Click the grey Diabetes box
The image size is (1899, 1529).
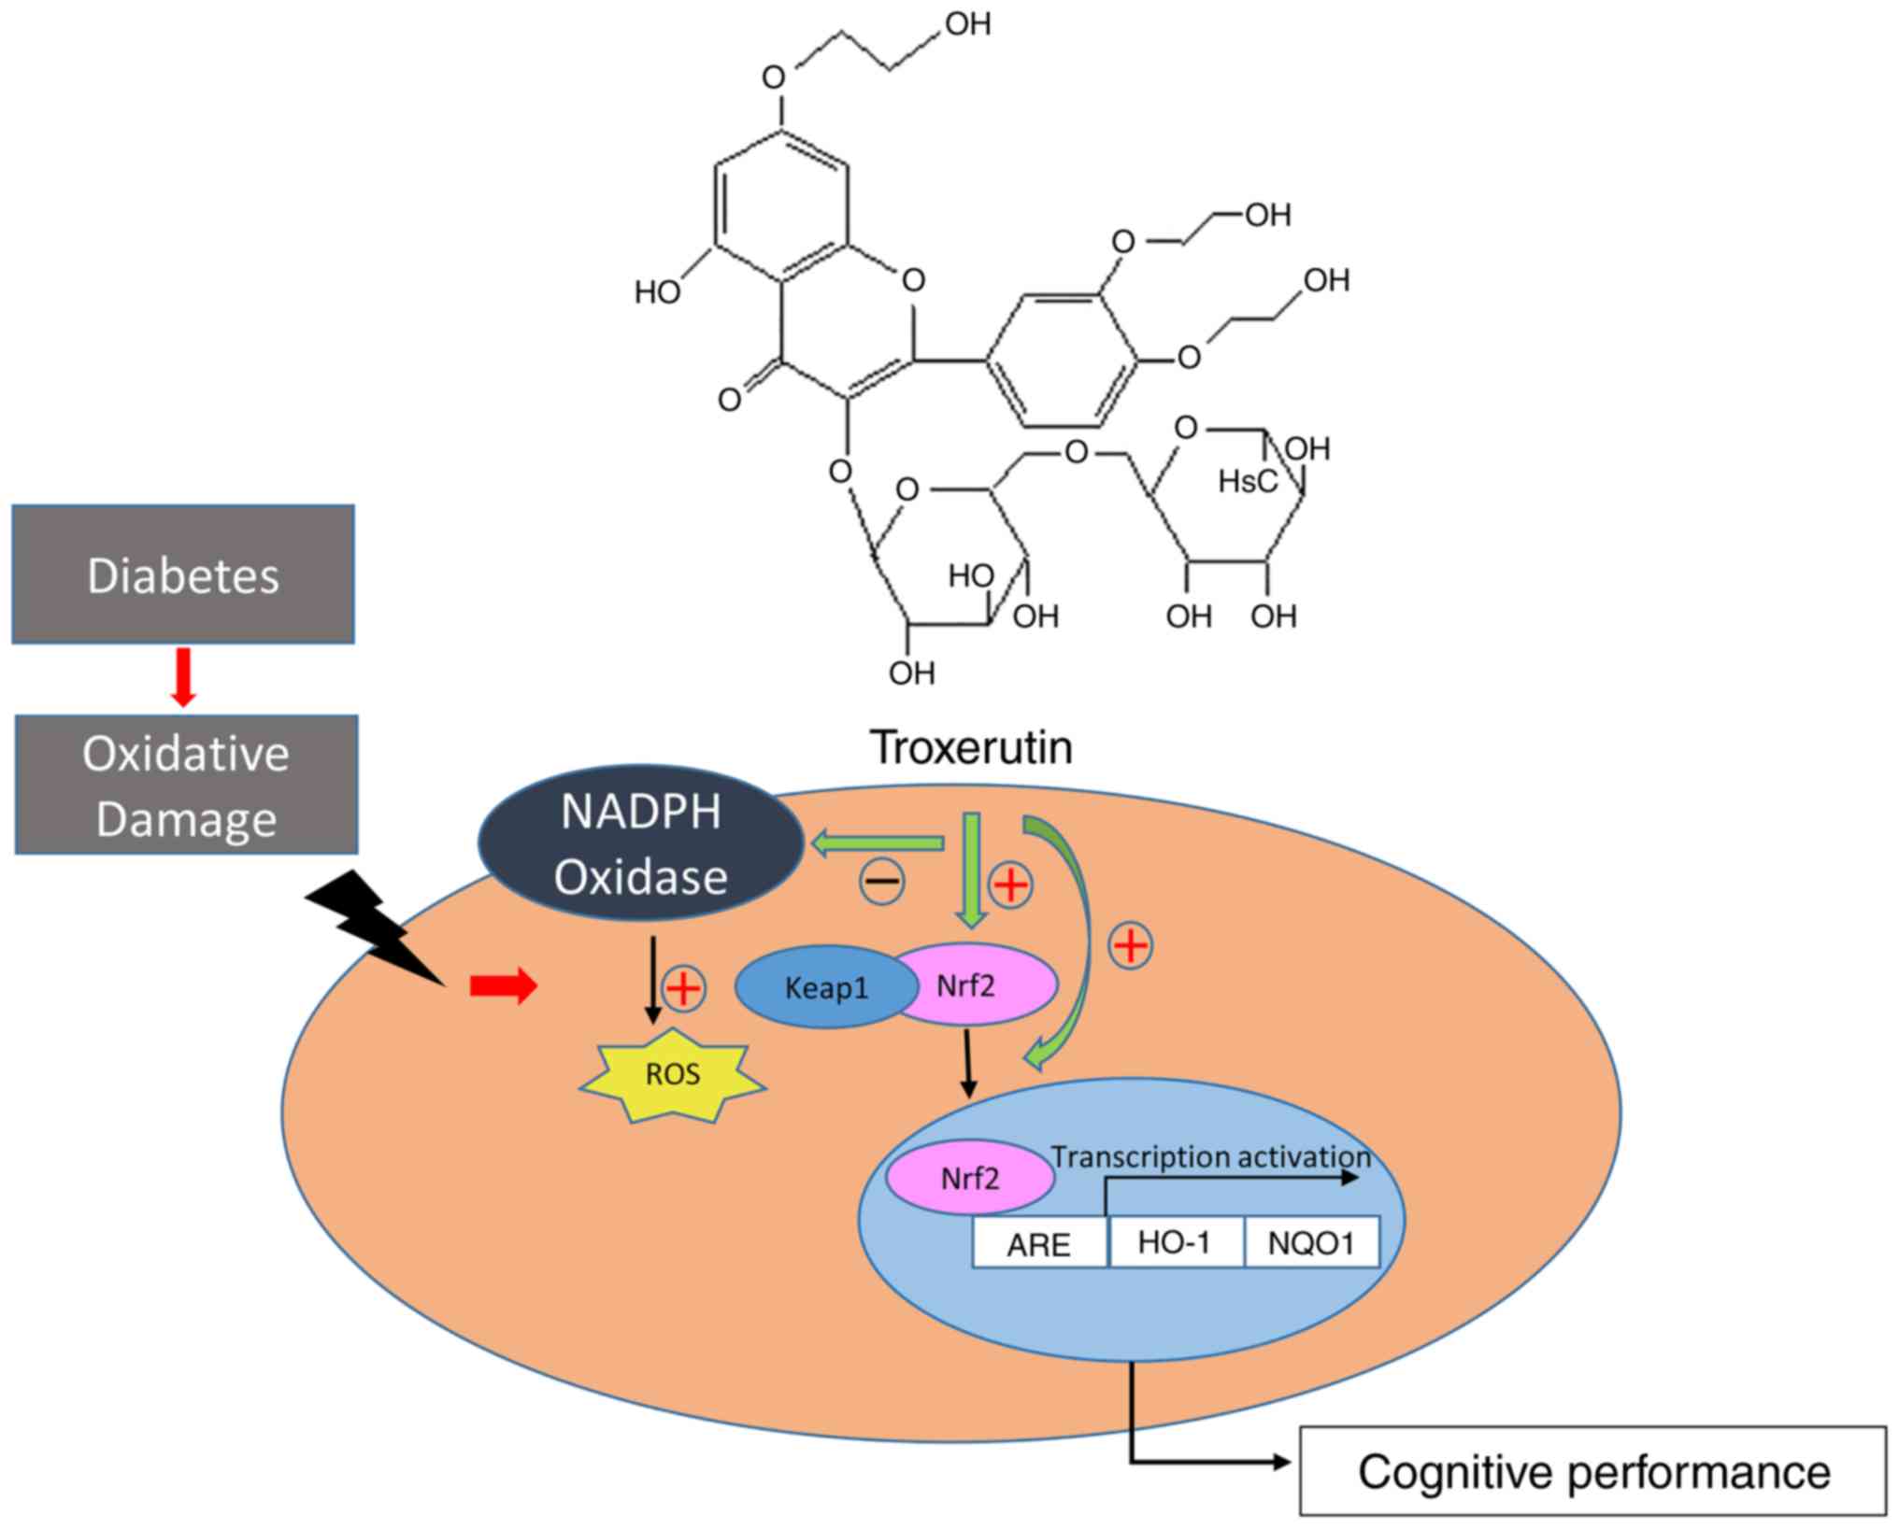183,574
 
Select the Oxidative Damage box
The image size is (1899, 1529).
186,785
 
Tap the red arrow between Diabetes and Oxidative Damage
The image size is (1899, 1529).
184,677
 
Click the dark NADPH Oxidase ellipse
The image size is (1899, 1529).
641,843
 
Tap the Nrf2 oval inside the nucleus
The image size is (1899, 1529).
970,1179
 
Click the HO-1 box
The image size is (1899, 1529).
1175,1242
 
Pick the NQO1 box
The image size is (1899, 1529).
1311,1243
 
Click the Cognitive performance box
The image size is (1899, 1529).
1592,1472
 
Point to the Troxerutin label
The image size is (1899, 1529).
971,747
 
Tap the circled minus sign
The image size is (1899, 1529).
881,882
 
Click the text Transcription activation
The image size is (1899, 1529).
1211,1157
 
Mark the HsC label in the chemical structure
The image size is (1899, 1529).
1248,482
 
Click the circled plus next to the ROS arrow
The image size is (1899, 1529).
684,988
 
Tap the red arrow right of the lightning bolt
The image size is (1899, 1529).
503,985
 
